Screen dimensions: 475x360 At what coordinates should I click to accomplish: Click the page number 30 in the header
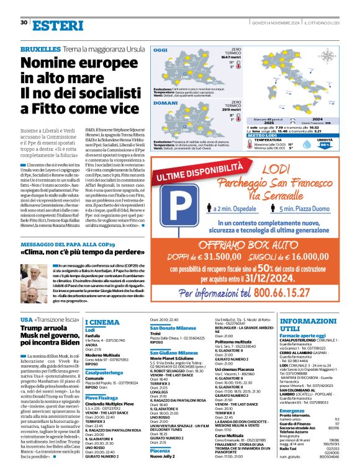pyautogui.click(x=24, y=23)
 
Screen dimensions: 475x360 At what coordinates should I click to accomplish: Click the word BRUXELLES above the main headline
pyautogui.click(x=40, y=48)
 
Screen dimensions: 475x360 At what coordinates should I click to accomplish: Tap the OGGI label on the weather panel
pyautogui.click(x=161, y=50)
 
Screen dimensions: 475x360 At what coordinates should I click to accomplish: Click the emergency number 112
pyautogui.click(x=337, y=419)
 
